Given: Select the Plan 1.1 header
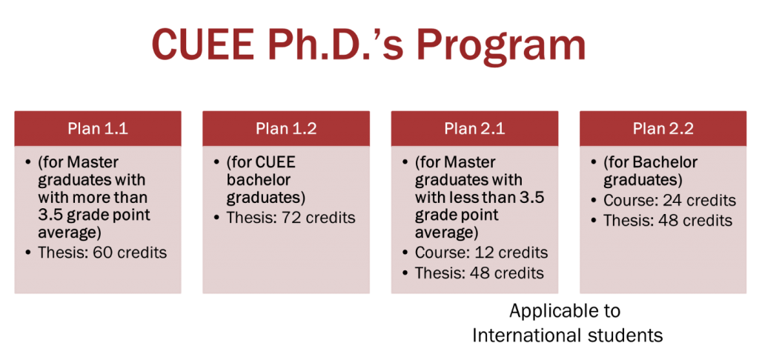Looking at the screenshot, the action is (98, 129).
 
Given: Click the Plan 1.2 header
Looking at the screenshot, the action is (286, 129).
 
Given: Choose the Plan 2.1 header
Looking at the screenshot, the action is (475, 129).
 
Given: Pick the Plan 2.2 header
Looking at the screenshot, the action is (663, 129).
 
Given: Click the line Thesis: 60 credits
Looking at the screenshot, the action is (102, 253).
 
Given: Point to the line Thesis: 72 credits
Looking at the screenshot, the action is (291, 217).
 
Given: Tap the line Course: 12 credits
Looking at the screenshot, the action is (481, 253).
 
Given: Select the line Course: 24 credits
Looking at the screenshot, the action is (669, 200).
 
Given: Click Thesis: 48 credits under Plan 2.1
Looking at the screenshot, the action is (480, 273).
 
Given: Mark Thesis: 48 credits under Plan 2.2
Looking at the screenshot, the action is (668, 220).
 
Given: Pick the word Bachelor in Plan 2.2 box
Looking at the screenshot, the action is (667, 162).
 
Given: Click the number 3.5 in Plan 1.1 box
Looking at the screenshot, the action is (50, 215).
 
